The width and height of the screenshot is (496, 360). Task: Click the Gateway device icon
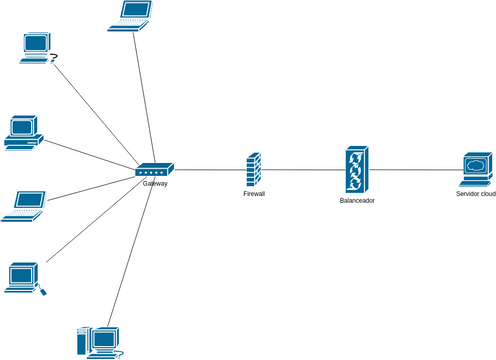(x=155, y=171)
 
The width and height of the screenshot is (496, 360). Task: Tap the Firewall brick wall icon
(x=254, y=170)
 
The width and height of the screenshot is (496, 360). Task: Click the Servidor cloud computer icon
(x=477, y=170)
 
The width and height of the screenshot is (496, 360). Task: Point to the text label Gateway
(x=155, y=184)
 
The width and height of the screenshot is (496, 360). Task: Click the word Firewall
(x=254, y=194)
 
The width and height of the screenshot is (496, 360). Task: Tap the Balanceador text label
(x=357, y=201)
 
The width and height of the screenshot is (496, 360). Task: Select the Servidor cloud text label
(x=475, y=194)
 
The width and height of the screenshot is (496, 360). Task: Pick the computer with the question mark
(x=36, y=47)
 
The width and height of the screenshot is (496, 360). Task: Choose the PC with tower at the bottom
(x=100, y=342)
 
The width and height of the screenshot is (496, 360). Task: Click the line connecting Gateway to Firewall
(x=210, y=170)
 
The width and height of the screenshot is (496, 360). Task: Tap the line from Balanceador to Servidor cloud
(x=415, y=170)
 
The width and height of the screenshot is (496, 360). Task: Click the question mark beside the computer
(x=54, y=57)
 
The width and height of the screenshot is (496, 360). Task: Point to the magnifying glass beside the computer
(x=41, y=290)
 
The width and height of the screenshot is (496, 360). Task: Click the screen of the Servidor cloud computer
(x=477, y=164)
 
